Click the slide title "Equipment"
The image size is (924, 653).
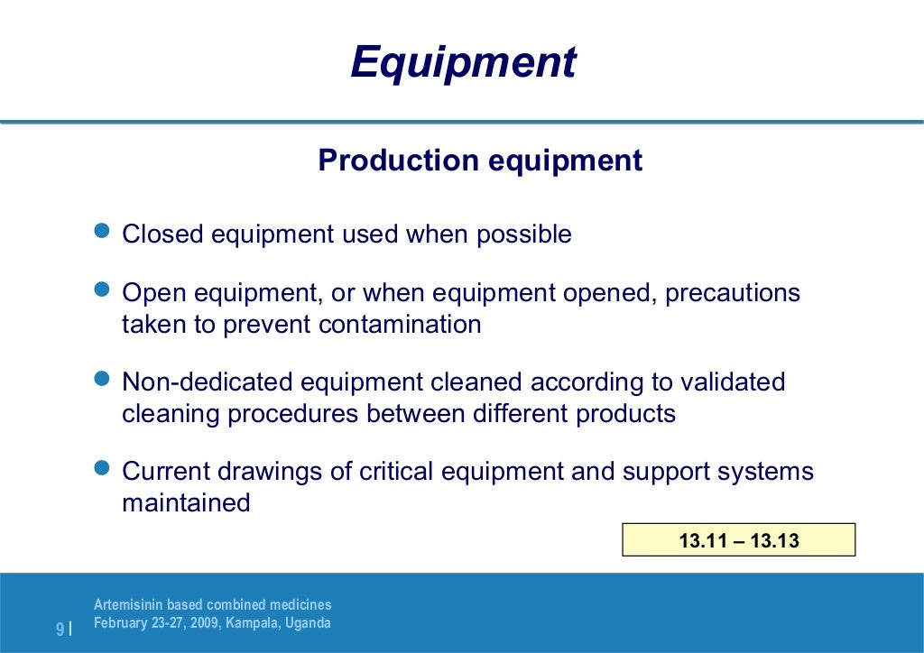[463, 63]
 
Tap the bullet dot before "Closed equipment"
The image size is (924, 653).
[102, 231]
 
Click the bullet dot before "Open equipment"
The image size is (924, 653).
[102, 290]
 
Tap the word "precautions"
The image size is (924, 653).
[733, 294]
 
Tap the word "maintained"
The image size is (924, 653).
[186, 502]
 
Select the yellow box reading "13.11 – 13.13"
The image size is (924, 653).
[739, 540]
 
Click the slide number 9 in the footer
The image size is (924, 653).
[60, 630]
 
